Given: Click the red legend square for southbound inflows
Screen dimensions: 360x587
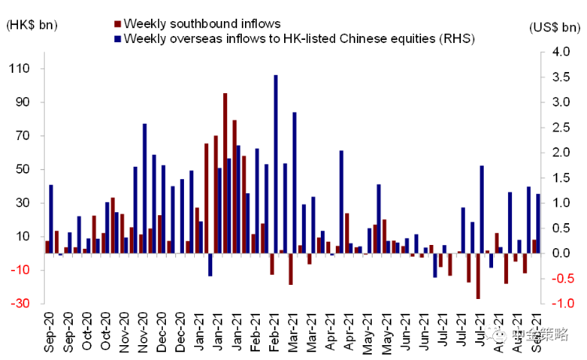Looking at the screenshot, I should click(117, 24).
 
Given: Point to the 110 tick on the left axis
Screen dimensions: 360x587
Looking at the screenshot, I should click(18, 69).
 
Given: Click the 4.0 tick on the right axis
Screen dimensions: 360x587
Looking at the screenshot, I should click(561, 52).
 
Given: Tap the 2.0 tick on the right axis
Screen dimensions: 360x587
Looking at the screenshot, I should click(561, 153).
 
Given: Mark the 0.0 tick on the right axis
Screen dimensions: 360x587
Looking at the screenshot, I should click(561, 254).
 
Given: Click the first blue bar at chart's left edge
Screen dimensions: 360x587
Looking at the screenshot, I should click(51, 219).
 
